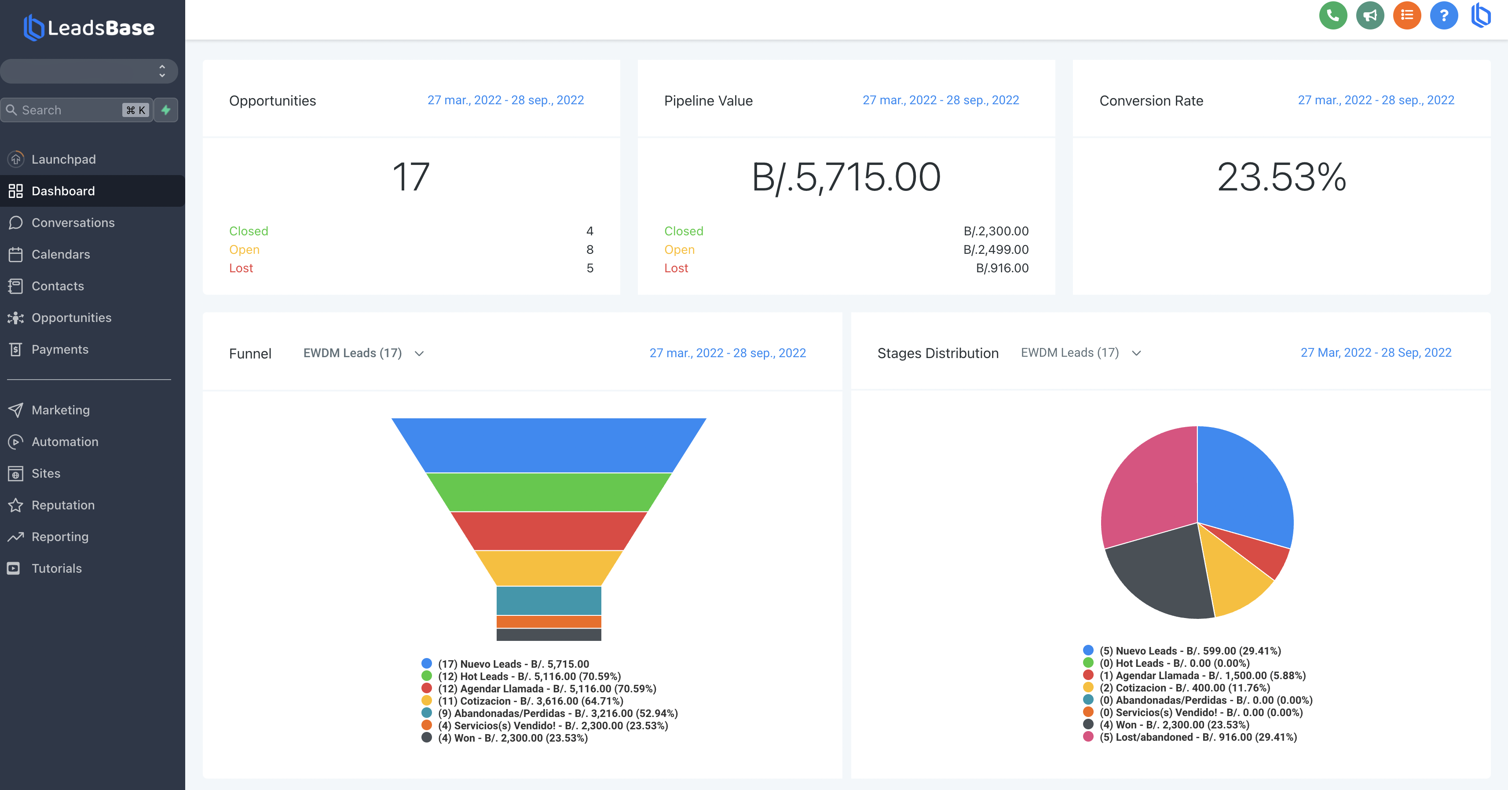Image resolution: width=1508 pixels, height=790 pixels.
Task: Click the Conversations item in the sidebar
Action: (x=73, y=223)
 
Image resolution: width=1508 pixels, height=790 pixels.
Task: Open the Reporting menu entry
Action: (x=60, y=537)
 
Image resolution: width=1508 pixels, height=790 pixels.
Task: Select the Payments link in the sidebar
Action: (x=60, y=349)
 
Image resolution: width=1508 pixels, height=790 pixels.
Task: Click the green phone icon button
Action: (x=1333, y=15)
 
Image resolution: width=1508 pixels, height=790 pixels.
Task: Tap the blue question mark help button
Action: (x=1444, y=15)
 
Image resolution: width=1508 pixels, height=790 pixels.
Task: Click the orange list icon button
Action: (x=1407, y=15)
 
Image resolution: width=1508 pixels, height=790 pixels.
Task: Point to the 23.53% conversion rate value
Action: (x=1281, y=177)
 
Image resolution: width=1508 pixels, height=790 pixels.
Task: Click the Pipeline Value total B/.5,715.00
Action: (x=846, y=177)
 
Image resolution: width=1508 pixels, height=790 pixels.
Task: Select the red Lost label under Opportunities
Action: (x=241, y=268)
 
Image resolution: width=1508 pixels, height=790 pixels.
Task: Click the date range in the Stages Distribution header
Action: (x=1376, y=353)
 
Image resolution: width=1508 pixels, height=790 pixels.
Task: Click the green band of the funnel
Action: (x=549, y=492)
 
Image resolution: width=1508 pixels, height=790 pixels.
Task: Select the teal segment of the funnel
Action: (x=549, y=600)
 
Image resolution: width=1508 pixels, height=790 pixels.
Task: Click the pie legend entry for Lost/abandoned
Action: (x=1197, y=737)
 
